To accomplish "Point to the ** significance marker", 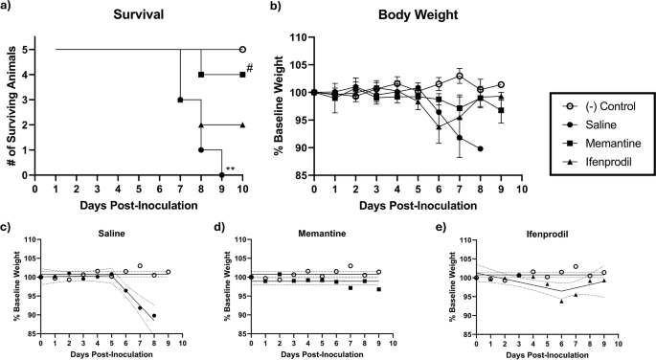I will point(231,169).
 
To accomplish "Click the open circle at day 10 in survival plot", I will point(242,49).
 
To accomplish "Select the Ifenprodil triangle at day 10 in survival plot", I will point(242,124).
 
